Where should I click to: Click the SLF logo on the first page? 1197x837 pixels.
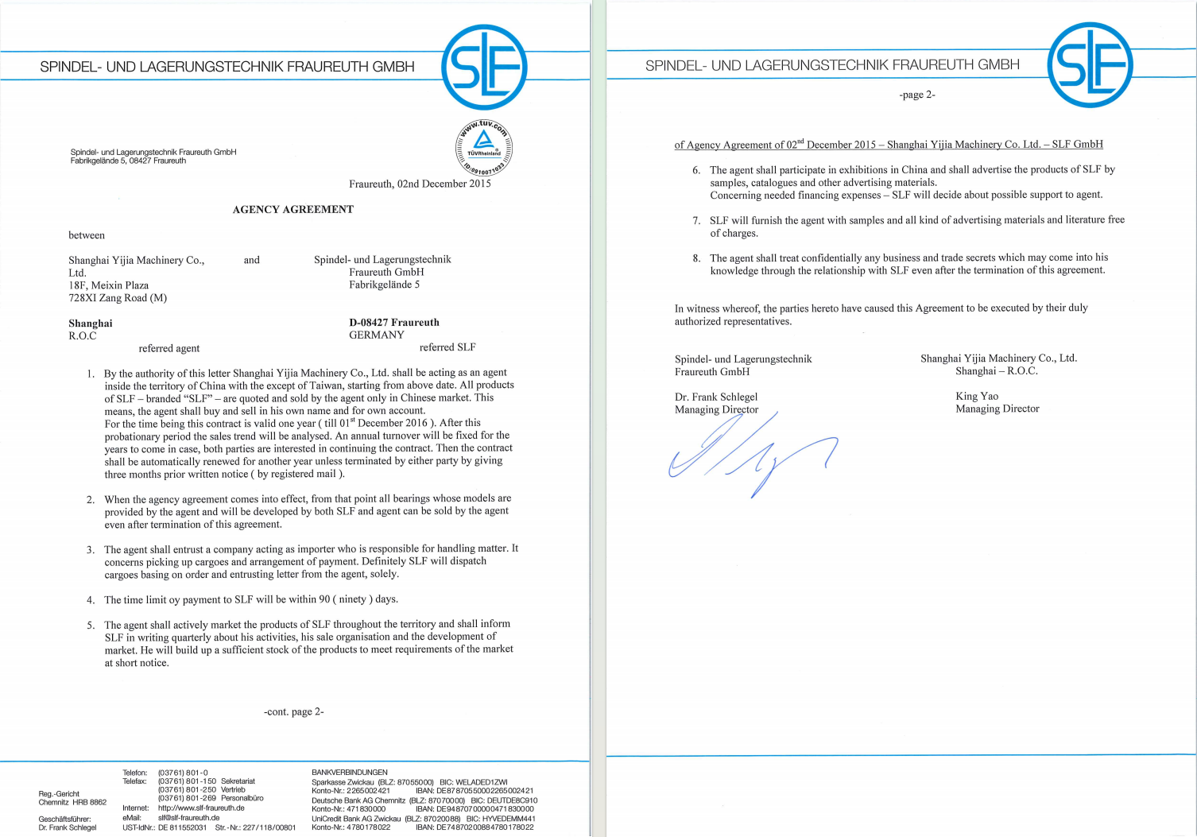pos(484,67)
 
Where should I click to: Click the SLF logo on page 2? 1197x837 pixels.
pos(1090,65)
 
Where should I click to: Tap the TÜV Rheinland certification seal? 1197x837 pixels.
pos(484,148)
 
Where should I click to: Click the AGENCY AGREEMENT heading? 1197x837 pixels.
pos(292,210)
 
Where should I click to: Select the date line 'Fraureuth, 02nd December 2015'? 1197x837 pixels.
pos(420,184)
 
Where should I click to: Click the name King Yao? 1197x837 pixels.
pos(977,396)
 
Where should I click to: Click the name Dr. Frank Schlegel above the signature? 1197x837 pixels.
pos(716,397)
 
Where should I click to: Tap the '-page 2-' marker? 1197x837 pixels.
pos(917,95)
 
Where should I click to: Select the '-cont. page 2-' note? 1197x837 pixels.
pos(293,711)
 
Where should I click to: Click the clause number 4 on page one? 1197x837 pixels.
pos(91,600)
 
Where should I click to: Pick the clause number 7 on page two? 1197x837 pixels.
pos(696,220)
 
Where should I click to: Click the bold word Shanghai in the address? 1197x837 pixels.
pos(91,324)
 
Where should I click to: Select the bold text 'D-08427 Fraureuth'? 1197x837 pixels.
pos(393,323)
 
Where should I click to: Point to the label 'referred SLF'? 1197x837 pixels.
pos(447,347)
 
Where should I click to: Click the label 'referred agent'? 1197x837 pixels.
pos(169,348)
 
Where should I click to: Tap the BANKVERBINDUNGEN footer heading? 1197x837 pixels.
pos(350,772)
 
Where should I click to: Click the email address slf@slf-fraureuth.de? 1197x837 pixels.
pos(188,817)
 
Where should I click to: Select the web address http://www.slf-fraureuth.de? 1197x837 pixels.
pos(201,808)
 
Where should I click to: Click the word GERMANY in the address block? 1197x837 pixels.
pos(376,335)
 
